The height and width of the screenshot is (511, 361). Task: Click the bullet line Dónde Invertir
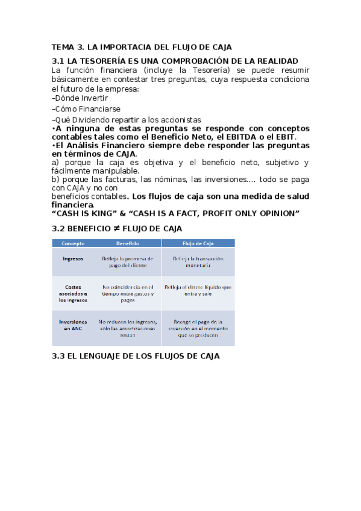point(81,98)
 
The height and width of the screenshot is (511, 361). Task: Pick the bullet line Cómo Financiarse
point(87,109)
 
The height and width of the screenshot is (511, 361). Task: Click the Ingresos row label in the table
point(73,258)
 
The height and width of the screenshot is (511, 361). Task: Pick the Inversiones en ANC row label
point(73,325)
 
